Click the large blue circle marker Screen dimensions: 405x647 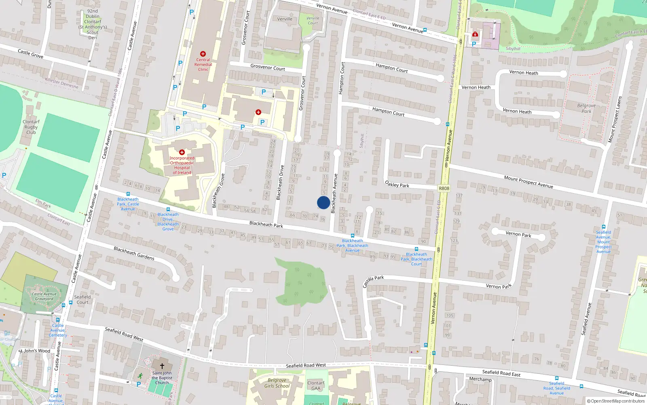pyautogui.click(x=323, y=202)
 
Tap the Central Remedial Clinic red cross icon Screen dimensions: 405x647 pyautogui.click(x=203, y=54)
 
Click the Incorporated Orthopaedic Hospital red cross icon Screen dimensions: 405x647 pyautogui.click(x=182, y=152)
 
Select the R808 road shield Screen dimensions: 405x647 pyautogui.click(x=444, y=188)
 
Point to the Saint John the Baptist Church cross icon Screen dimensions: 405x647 pyautogui.click(x=162, y=366)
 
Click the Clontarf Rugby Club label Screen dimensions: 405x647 pyautogui.click(x=31, y=127)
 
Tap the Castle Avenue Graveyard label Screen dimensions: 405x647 pyautogui.click(x=44, y=296)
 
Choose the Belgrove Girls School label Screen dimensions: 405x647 pyautogui.click(x=277, y=383)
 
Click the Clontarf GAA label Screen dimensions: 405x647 pyautogui.click(x=316, y=386)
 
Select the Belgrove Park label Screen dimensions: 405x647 pyautogui.click(x=586, y=108)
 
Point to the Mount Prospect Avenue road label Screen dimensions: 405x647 pyautogui.click(x=528, y=181)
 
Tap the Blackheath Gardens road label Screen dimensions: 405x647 pyautogui.click(x=134, y=253)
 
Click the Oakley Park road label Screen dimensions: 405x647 pyautogui.click(x=397, y=184)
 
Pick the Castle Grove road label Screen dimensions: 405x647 pyautogui.click(x=30, y=53)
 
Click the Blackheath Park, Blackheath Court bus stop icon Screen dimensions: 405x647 pyautogui.click(x=416, y=249)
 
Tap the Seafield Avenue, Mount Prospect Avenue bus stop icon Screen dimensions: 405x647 pyautogui.click(x=603, y=227)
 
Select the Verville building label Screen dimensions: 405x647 pyautogui.click(x=285, y=19)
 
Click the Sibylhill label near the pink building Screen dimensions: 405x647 pyautogui.click(x=513, y=49)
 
